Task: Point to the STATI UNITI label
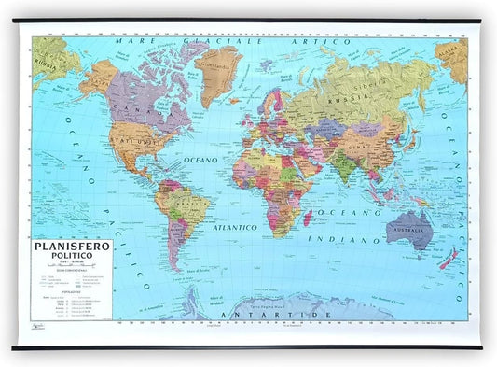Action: point(129,140)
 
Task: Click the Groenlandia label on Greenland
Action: point(218,68)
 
